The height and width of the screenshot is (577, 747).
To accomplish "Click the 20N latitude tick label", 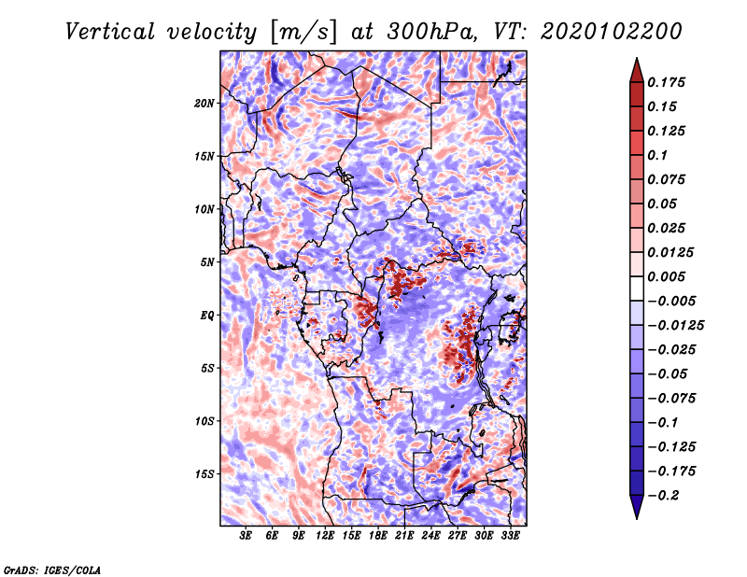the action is coord(204,104).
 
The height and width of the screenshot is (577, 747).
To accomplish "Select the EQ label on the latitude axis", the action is coord(206,316).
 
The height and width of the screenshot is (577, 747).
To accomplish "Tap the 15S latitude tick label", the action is coord(204,474).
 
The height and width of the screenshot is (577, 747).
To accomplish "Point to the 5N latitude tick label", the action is coord(207,262).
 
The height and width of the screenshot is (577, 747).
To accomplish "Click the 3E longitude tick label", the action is coord(246,535).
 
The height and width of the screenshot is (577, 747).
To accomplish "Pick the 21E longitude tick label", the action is coord(404,535).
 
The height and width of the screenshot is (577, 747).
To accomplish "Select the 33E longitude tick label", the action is coord(510,535).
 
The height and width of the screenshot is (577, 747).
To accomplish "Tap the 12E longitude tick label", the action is coord(325,535).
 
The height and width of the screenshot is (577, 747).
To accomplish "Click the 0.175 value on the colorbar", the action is coord(666,82).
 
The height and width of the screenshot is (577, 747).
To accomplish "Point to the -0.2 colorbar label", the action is coord(663,496).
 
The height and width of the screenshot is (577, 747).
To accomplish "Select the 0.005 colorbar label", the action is coord(666,276).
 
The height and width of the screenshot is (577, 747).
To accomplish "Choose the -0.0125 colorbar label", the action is coord(675,326).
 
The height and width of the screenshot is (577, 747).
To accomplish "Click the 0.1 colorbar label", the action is coord(657,155).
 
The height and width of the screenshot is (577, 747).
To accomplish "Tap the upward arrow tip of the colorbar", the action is coord(637,58).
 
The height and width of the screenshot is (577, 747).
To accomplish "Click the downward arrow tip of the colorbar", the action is coord(637,518).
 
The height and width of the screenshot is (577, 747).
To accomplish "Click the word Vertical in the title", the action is coord(110,32).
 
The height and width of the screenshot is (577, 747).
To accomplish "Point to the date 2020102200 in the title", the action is coord(612,32).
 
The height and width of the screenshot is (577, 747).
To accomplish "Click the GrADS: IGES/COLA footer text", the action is coord(52,570).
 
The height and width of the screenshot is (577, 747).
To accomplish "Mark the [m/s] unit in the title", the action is coord(303,33).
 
